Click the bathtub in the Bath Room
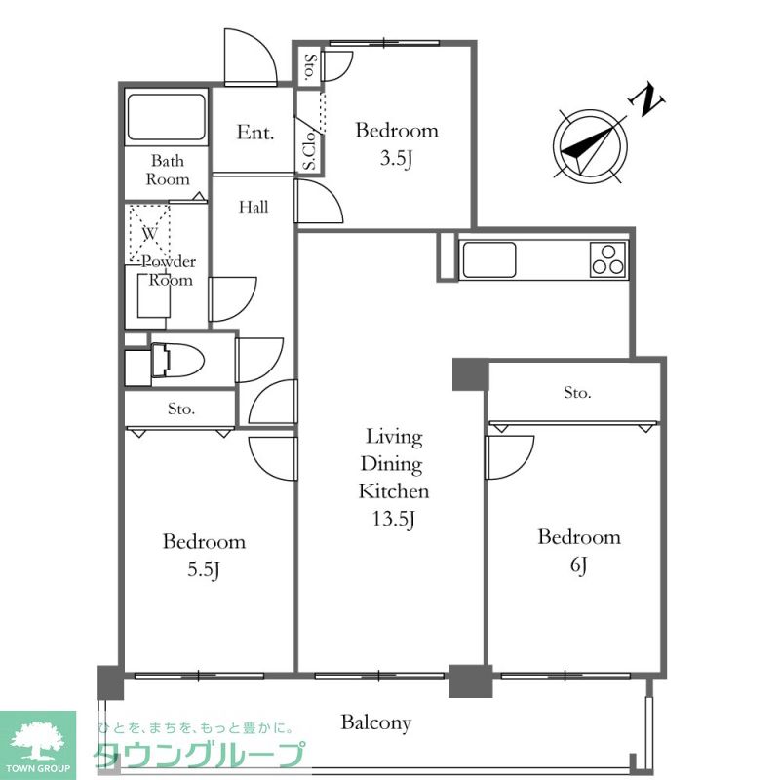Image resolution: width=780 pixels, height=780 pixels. (166, 117)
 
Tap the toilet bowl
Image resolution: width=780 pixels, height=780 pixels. (177, 360)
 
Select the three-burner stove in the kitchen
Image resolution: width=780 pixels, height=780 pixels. (608, 259)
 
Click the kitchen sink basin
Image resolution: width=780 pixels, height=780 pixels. (489, 259)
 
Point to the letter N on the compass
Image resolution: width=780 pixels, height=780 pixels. (647, 99)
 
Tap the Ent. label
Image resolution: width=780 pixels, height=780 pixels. (255, 133)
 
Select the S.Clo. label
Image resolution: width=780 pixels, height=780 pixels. (309, 150)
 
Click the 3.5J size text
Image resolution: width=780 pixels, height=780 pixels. (397, 158)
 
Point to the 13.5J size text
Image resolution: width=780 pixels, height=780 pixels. (394, 519)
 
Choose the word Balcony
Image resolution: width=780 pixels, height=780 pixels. (376, 722)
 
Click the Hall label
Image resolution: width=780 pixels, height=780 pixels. (253, 207)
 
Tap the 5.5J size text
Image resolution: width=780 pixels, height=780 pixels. (204, 569)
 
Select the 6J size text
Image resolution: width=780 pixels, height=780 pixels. (579, 565)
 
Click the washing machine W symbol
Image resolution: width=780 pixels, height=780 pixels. (150, 233)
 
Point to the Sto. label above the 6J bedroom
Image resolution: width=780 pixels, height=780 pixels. (577, 393)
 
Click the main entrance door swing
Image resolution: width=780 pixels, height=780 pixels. (251, 57)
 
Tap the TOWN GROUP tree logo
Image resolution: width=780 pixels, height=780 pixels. (38, 737)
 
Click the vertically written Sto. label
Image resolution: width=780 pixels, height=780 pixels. (310, 66)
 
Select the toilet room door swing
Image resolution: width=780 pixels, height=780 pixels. (259, 360)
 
